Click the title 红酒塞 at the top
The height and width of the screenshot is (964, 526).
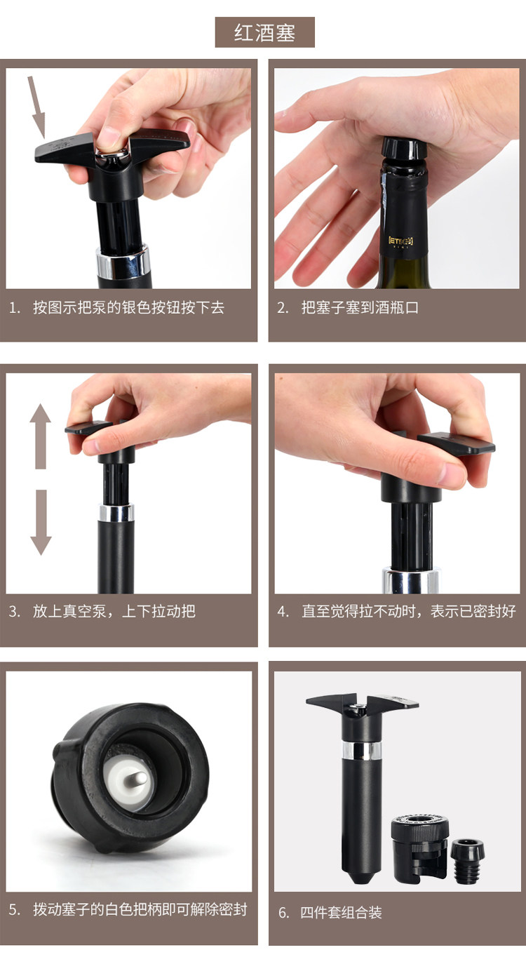(264, 33)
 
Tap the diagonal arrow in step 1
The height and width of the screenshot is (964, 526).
(37, 107)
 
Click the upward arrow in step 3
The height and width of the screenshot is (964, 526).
(41, 436)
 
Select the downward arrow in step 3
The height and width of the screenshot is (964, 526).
(41, 522)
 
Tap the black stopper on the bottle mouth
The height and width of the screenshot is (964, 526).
(403, 148)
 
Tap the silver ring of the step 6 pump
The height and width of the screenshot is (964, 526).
(362, 751)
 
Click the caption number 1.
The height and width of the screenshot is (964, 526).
(14, 308)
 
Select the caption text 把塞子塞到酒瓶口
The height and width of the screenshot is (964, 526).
(360, 308)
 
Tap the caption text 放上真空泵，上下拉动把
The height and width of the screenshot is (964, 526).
(114, 612)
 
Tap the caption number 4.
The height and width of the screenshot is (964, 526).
(283, 612)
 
